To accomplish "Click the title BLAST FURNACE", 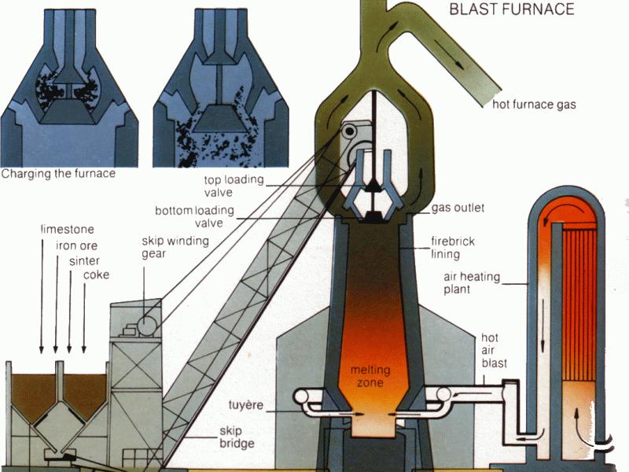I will pos(511,9).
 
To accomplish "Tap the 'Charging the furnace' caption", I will pos(58,173).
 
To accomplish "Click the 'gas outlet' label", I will pos(458,208).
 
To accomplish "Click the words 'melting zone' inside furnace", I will pos(370,376).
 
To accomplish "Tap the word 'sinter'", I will pos(86,260).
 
